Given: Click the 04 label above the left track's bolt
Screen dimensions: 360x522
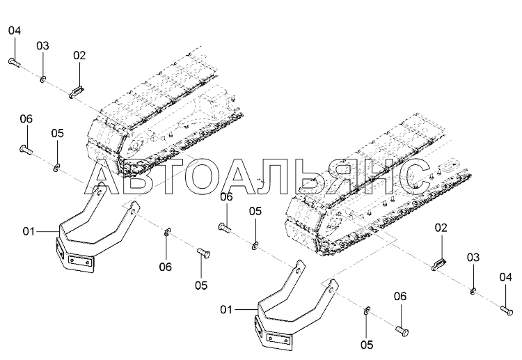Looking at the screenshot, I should (x=15, y=31).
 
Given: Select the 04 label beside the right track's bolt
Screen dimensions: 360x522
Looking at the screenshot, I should (x=505, y=277).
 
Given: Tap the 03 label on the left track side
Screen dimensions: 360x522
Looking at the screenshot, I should (x=42, y=46).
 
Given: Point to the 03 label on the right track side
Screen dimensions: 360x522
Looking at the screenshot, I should (x=473, y=258).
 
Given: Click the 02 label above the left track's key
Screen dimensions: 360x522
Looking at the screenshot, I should (x=79, y=55).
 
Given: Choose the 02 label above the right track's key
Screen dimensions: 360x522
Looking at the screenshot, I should (x=441, y=228).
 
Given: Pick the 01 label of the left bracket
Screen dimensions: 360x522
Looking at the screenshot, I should (x=28, y=230).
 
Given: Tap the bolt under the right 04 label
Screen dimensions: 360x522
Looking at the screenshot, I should (x=506, y=308).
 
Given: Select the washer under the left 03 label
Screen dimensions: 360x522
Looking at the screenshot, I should (x=43, y=78).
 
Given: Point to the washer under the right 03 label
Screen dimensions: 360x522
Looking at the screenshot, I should (x=473, y=290).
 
